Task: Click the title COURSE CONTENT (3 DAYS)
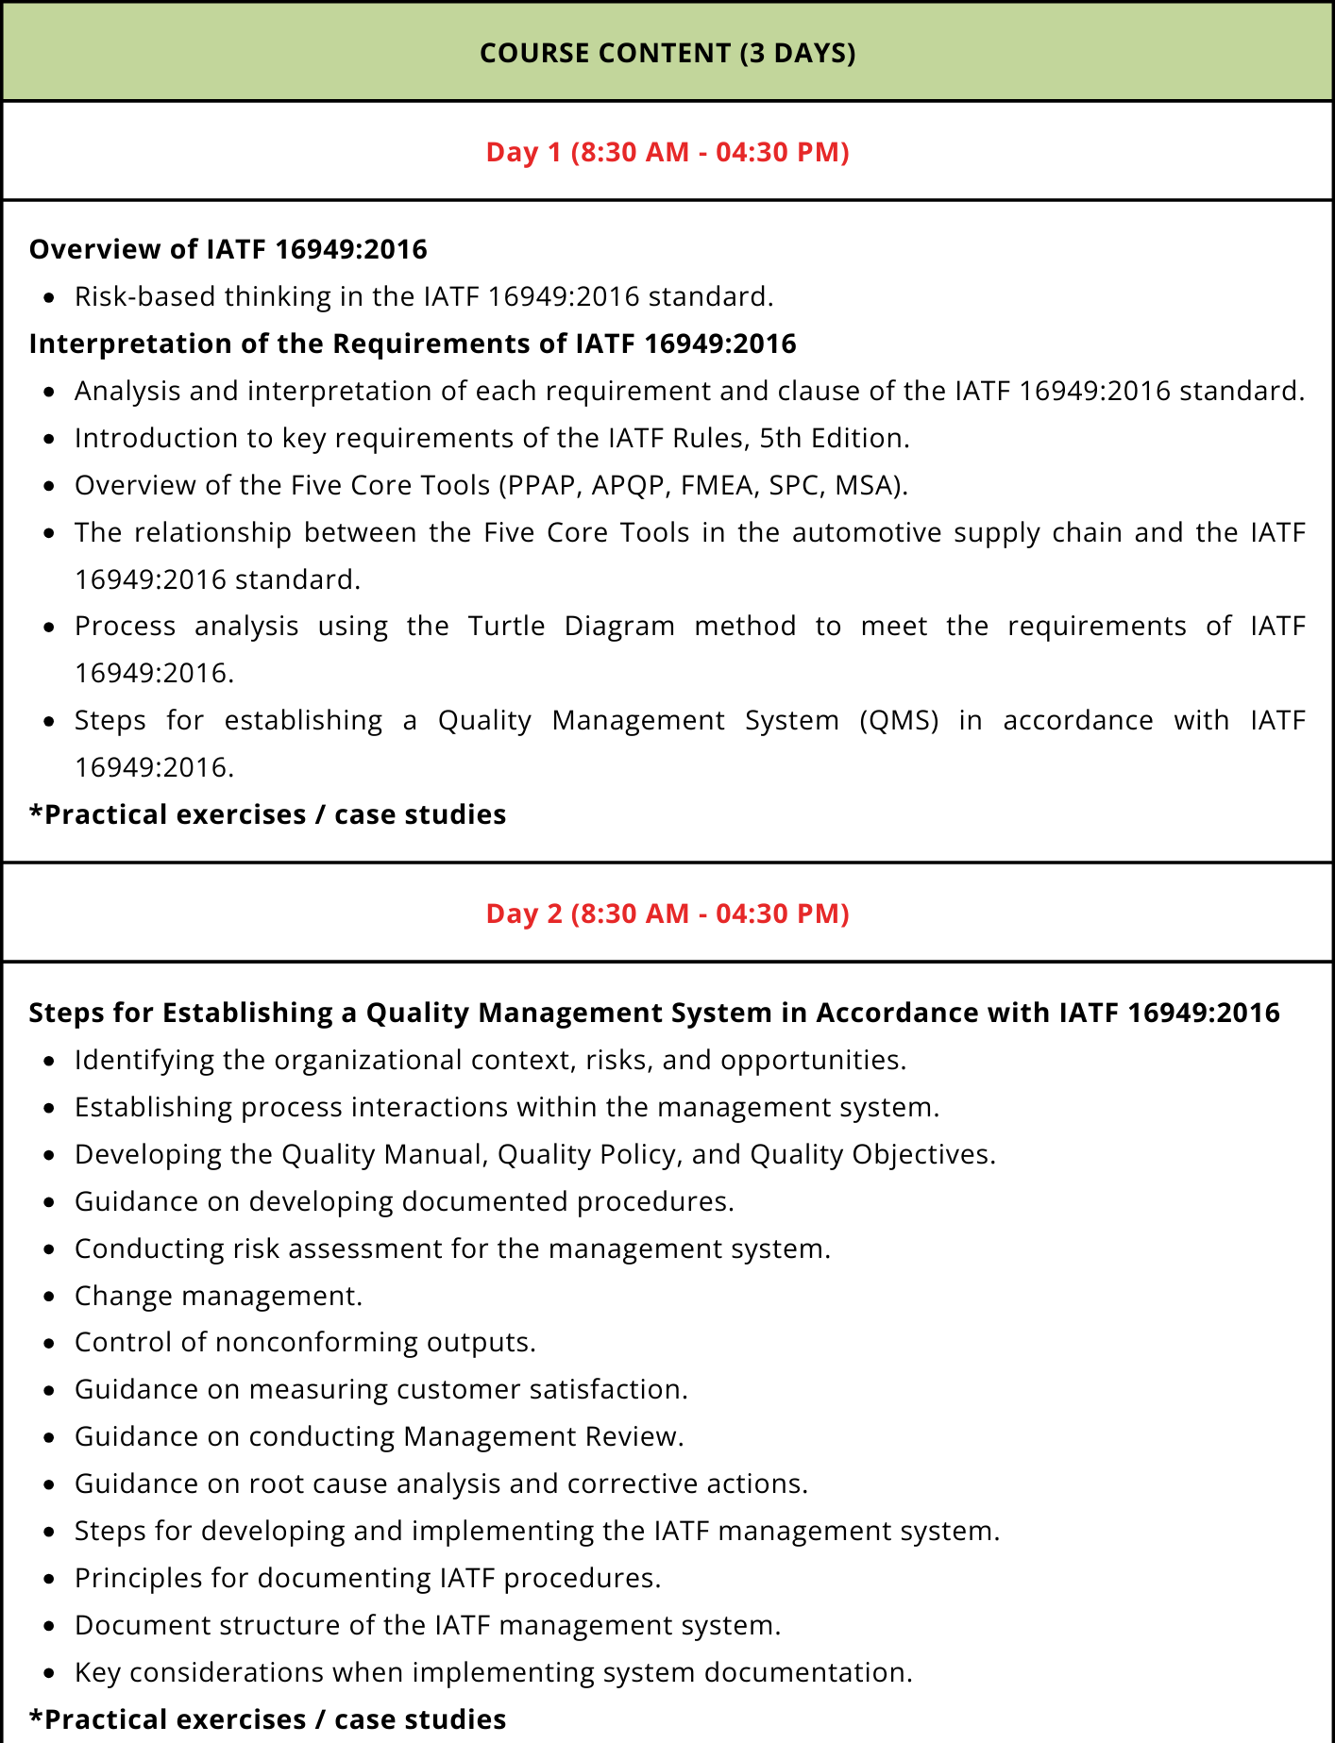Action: click(667, 53)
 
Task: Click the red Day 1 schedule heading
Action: click(667, 152)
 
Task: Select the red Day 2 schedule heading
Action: click(667, 913)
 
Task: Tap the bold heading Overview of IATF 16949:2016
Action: click(228, 249)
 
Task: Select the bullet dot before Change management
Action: click(51, 1297)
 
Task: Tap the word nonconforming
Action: click(316, 1343)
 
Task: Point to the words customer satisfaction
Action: click(541, 1390)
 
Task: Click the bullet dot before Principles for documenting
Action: click(51, 1579)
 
